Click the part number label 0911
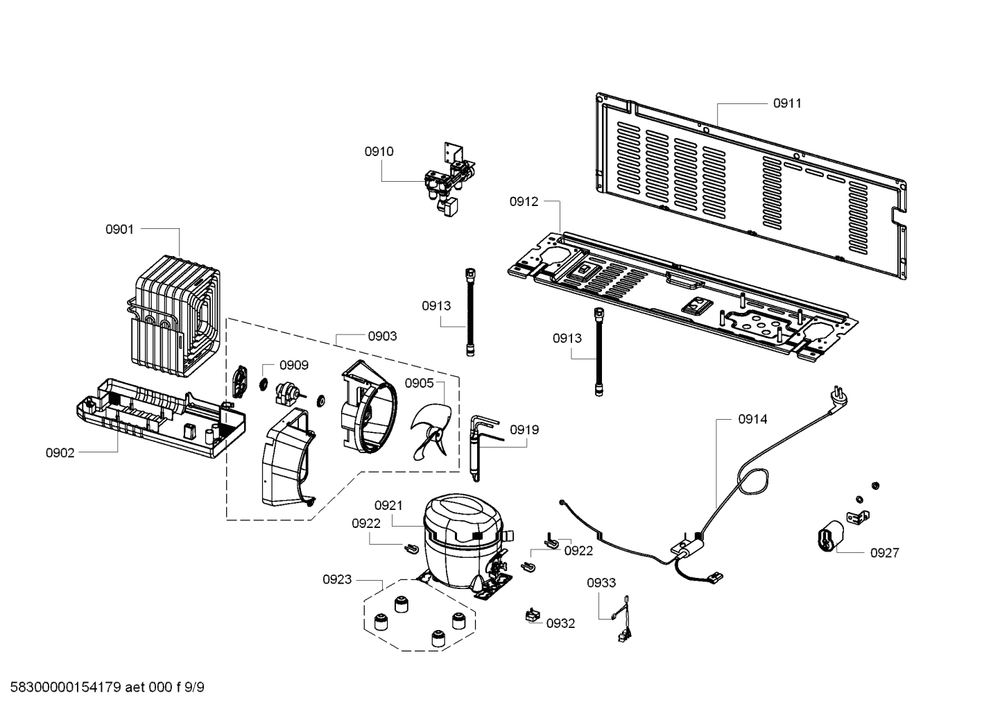(786, 103)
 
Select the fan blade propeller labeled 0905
(431, 432)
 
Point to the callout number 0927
(884, 553)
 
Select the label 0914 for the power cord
(752, 419)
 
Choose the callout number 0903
(382, 337)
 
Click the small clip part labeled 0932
(533, 615)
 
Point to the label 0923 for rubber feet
(337, 579)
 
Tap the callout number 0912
(524, 202)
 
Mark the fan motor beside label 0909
(286, 393)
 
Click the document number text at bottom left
(104, 688)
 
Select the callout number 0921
(388, 506)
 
